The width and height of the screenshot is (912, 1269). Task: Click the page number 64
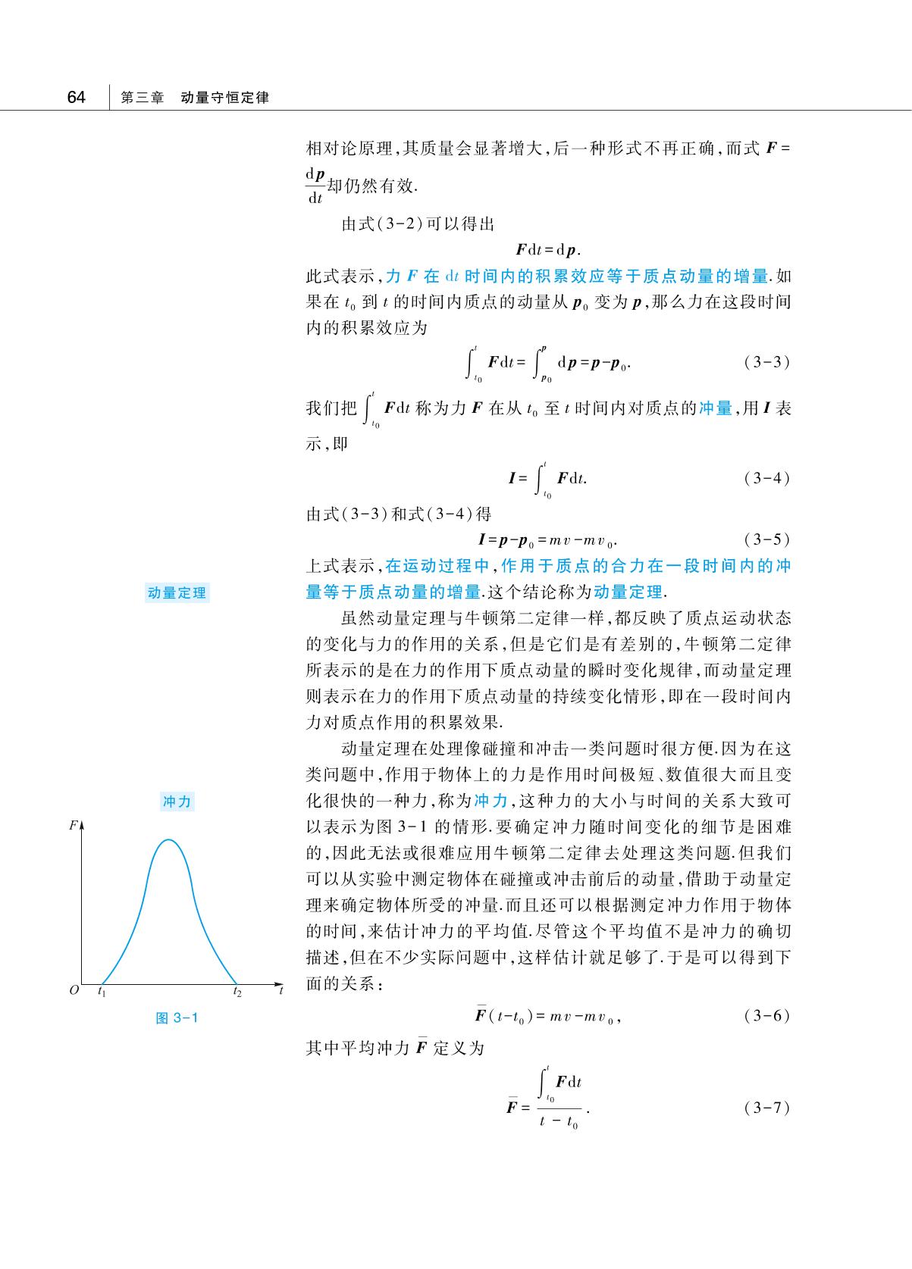point(76,98)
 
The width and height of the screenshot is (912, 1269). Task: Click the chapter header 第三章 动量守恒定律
point(195,98)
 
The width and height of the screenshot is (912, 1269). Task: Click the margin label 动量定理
point(177,593)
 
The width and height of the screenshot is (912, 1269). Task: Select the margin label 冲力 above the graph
point(177,802)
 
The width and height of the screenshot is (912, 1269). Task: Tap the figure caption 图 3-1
point(177,1017)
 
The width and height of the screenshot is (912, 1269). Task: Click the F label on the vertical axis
point(73,825)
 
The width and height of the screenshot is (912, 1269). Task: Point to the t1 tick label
point(102,991)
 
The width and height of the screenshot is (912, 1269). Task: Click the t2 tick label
point(237,991)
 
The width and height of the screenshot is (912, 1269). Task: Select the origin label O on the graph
point(74,990)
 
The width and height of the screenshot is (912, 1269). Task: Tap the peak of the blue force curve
point(169,839)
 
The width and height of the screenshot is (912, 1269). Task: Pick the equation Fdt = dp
point(548,250)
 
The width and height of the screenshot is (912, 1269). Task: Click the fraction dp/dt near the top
point(315,186)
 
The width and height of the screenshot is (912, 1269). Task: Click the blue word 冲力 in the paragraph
point(491,801)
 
